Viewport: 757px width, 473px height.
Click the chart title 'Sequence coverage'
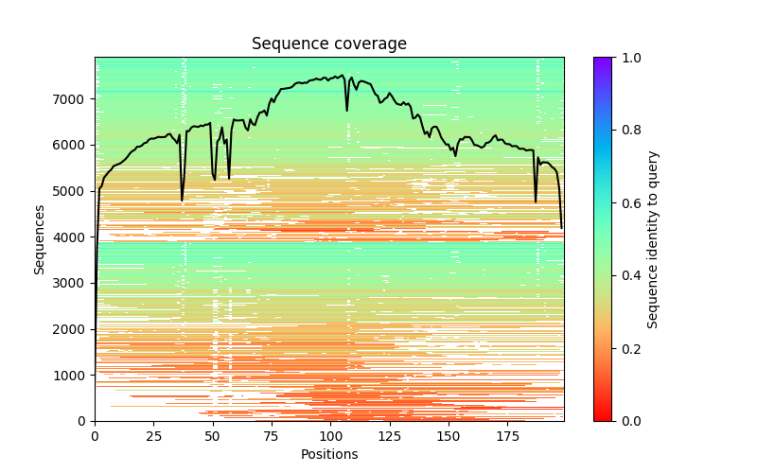[328, 44]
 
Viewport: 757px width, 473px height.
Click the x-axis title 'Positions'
[328, 454]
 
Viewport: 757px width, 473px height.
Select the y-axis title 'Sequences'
[40, 239]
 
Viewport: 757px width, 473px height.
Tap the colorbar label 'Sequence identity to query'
[653, 239]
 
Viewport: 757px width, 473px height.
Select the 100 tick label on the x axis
[330, 435]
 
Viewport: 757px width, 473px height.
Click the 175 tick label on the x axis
[507, 435]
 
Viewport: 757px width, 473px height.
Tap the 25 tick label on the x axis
[153, 435]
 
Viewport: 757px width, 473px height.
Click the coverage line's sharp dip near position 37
[182, 200]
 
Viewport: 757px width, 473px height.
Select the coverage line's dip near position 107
[346, 110]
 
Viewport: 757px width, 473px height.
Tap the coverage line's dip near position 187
[536, 201]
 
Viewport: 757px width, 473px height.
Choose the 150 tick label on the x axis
[449, 435]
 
